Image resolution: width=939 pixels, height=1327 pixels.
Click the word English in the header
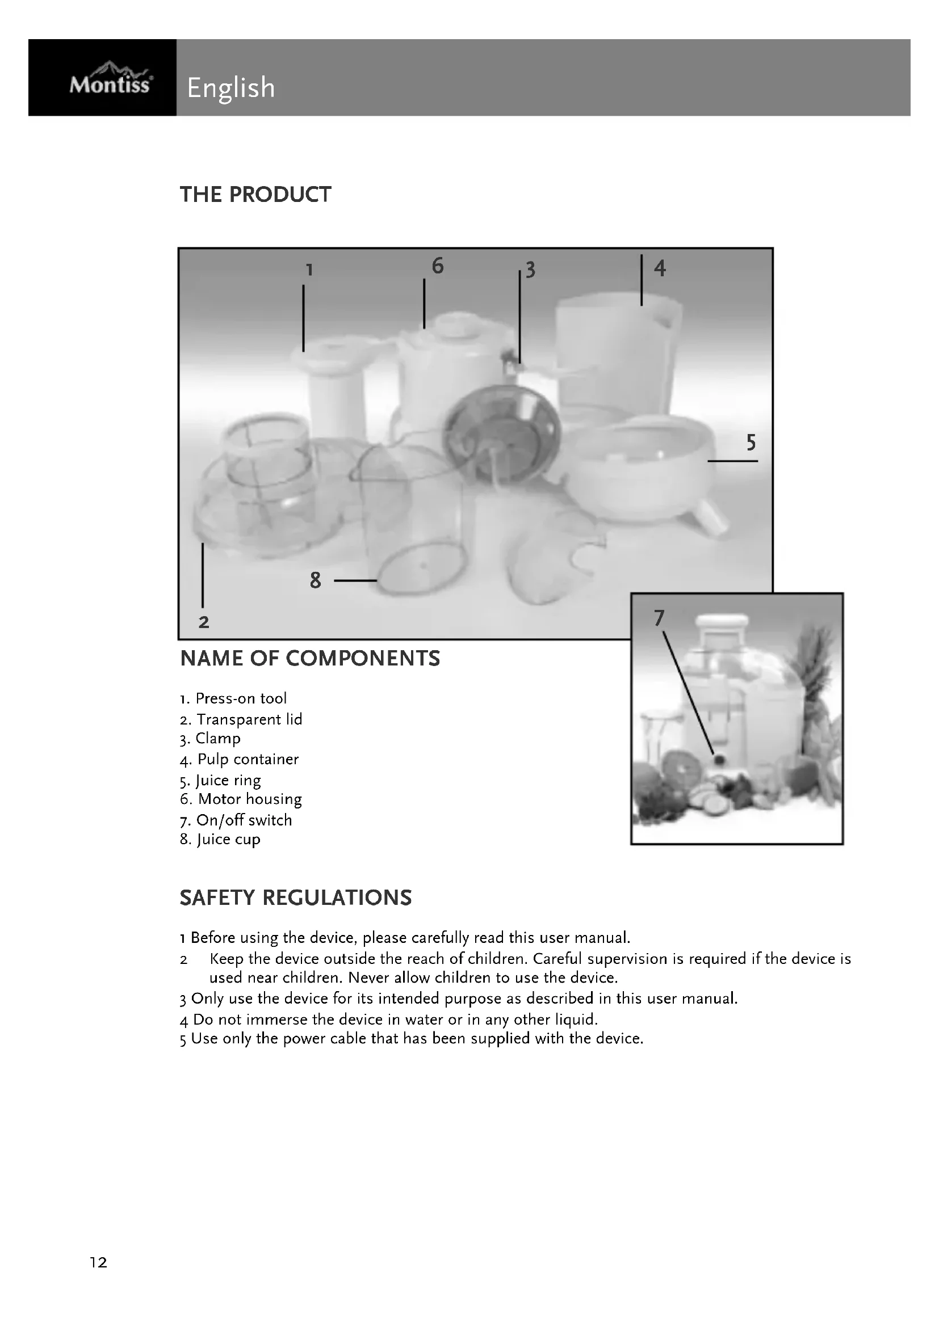230,88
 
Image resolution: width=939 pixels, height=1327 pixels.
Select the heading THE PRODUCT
255,195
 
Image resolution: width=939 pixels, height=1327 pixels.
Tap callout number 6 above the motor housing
438,266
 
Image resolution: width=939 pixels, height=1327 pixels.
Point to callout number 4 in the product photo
660,268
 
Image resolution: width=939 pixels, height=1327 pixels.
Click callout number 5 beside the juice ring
751,443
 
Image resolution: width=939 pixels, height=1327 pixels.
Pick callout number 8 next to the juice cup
315,580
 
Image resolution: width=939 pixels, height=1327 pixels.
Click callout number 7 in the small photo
659,618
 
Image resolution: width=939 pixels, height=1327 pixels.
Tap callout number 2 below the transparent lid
204,622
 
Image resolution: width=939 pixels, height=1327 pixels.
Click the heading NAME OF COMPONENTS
310,659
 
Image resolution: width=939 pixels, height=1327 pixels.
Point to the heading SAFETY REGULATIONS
295,898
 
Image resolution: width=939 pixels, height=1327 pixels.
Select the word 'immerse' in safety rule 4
274,1020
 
